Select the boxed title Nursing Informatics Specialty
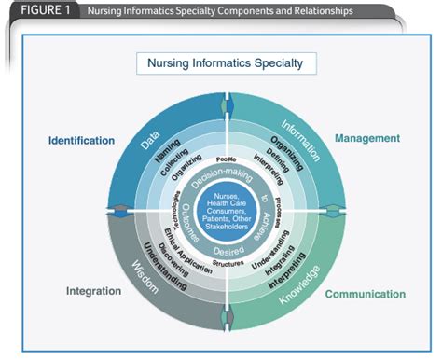click(226, 64)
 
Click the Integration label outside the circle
click(93, 291)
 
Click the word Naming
click(169, 153)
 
